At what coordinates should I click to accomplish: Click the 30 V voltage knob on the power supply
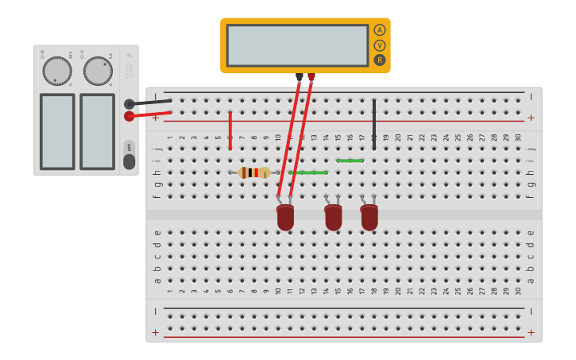pos(57,71)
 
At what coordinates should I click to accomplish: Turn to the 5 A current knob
pos(98,71)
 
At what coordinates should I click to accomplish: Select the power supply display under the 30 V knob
pos(57,131)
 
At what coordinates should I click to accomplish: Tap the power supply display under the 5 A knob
pos(97,131)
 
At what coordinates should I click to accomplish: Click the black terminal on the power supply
pos(130,103)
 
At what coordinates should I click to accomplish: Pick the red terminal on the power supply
pos(130,116)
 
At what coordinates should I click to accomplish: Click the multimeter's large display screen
pos(297,45)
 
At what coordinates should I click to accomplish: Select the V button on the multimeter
pos(380,45)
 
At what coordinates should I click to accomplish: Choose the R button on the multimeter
pos(380,60)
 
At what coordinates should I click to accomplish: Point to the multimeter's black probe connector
pos(299,77)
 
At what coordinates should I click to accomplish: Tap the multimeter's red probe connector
pos(311,77)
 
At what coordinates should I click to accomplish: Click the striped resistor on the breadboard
pos(254,172)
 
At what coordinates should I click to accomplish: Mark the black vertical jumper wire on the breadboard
pos(374,124)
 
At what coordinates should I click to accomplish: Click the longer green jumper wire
pos(308,172)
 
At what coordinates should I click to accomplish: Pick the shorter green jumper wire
pos(350,161)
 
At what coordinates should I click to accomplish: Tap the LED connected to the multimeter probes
pos(285,217)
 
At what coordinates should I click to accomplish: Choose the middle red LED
pos(333,217)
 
